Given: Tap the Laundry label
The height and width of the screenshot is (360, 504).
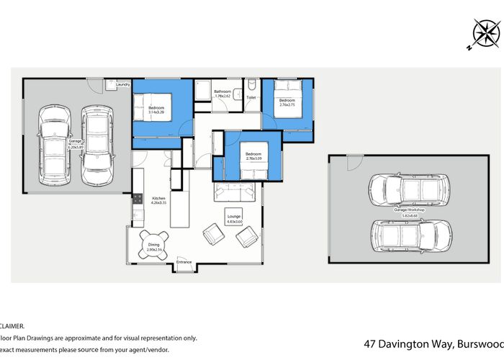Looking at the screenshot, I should tap(122, 85).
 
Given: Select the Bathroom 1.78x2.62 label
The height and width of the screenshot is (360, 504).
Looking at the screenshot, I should tap(222, 94).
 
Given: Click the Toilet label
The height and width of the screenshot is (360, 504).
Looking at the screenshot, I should tap(251, 96).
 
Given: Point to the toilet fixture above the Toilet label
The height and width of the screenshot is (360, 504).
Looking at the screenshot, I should tap(251, 85).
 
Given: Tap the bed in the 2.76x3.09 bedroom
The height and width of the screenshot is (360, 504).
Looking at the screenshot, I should tap(251, 160).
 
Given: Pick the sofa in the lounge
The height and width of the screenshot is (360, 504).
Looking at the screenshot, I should tap(235, 192).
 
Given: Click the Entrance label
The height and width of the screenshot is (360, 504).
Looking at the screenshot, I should tap(184, 262).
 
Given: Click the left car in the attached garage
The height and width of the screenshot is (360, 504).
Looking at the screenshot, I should tap(55, 144).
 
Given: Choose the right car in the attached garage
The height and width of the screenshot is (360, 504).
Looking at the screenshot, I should tap(97, 144).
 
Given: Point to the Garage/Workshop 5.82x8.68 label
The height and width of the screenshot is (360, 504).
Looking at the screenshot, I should tap(414, 213).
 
